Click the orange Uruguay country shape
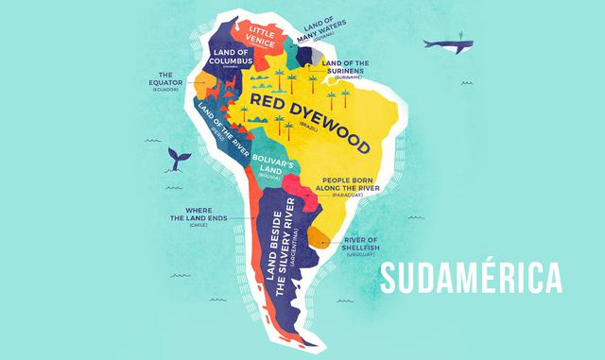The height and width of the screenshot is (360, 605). [x=320, y=237]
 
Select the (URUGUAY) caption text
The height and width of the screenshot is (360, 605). [x=360, y=255]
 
